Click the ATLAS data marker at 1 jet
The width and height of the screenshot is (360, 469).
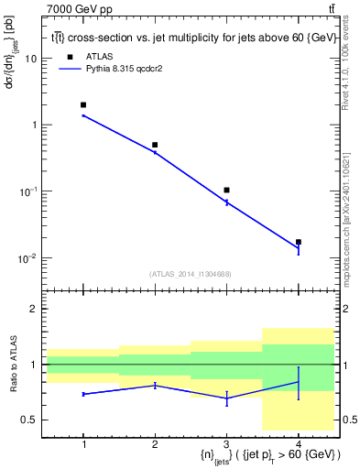point(83,105)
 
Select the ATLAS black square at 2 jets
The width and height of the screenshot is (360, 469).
point(155,145)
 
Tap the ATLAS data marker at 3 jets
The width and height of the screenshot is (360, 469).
point(226,190)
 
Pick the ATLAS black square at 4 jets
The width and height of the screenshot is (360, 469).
point(298,242)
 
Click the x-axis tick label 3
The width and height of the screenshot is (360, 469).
point(226,444)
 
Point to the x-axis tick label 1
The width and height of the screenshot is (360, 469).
point(83,444)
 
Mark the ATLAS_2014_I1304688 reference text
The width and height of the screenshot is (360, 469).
point(191,274)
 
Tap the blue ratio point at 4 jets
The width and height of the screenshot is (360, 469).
point(298,382)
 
